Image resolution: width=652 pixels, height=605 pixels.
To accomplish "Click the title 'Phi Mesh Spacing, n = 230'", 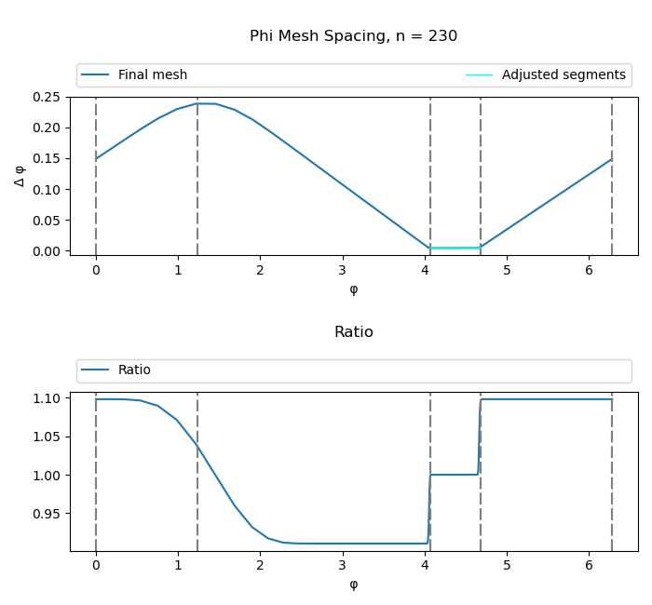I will pyautogui.click(x=353, y=36).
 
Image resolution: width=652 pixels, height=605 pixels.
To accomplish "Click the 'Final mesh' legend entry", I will pyautogui.click(x=152, y=75).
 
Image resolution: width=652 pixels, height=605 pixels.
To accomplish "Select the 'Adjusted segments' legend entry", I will pyautogui.click(x=564, y=75).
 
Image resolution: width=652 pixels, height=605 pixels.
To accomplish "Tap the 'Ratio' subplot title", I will pyautogui.click(x=353, y=332).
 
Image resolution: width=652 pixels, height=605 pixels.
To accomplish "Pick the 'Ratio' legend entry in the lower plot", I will pyautogui.click(x=134, y=370).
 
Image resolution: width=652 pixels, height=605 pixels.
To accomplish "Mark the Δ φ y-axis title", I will pyautogui.click(x=20, y=175).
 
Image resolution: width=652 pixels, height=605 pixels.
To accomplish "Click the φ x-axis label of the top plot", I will pyautogui.click(x=353, y=289).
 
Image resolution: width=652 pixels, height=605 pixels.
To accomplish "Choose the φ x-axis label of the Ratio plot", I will pyautogui.click(x=353, y=585).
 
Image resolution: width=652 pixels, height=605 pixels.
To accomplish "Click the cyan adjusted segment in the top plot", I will pyautogui.click(x=455, y=248).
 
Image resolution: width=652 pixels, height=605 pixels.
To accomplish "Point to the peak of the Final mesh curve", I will pyautogui.click(x=206, y=103).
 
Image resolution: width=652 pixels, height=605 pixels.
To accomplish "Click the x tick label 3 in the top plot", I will pyautogui.click(x=343, y=270).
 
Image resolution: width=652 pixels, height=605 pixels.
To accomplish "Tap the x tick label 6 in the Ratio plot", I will pyautogui.click(x=590, y=565).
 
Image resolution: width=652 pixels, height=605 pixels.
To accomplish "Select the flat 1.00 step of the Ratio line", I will pyautogui.click(x=455, y=475).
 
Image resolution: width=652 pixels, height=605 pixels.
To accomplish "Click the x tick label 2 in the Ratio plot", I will pyautogui.click(x=260, y=565).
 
